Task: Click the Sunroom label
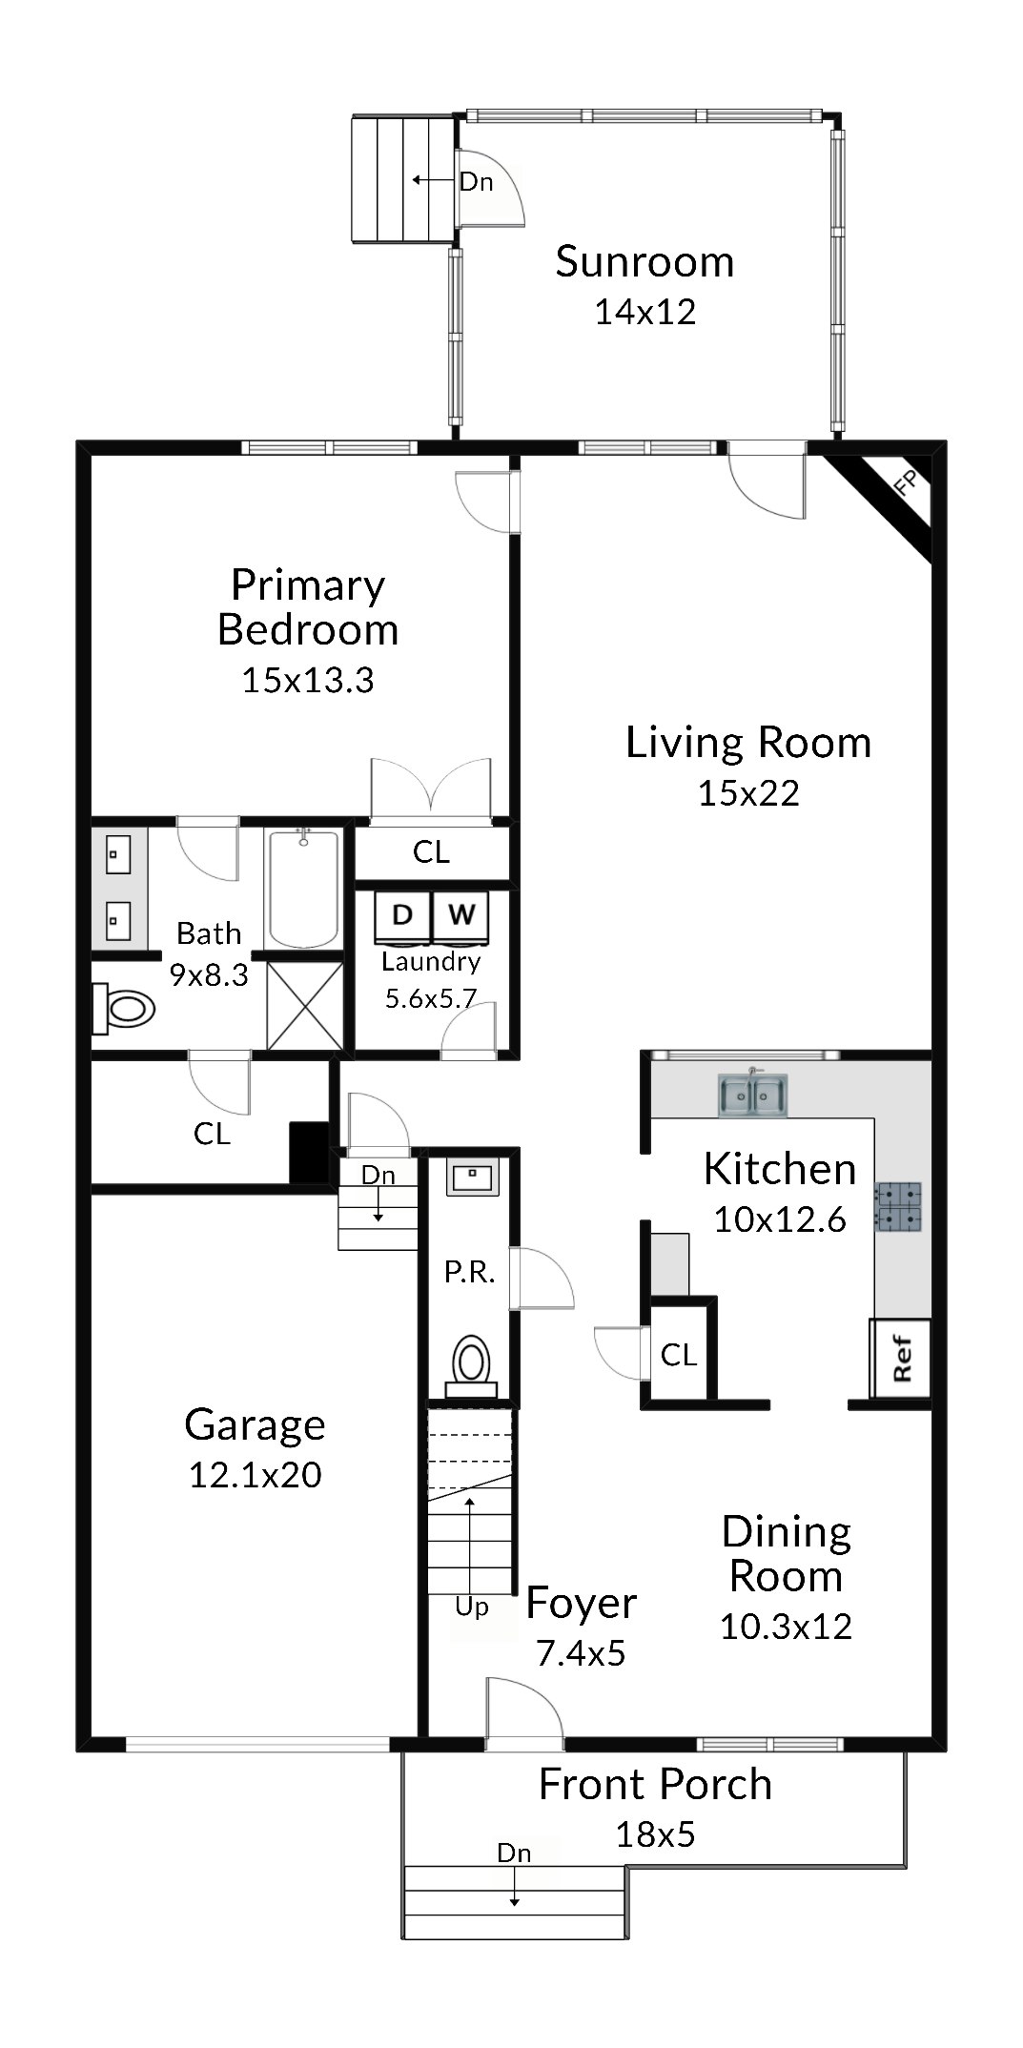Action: tap(644, 262)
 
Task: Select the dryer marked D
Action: tap(402, 915)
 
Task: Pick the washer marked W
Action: tap(461, 915)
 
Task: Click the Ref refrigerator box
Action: tap(901, 1358)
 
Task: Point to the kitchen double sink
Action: tap(753, 1095)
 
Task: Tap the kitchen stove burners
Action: tap(899, 1207)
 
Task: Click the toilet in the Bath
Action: tap(124, 1009)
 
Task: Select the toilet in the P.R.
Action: tap(471, 1365)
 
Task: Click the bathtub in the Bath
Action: tap(303, 889)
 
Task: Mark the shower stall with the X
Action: tap(305, 1006)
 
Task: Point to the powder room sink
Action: tap(472, 1178)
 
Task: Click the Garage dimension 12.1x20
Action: tap(255, 1475)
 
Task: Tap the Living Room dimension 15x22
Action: tap(748, 793)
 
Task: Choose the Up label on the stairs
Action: tap(472, 1607)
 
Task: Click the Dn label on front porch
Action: tap(514, 1853)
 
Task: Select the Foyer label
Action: tap(581, 1604)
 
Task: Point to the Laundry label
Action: tap(431, 962)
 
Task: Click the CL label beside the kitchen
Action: tap(679, 1355)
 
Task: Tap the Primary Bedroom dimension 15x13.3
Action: tap(308, 681)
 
